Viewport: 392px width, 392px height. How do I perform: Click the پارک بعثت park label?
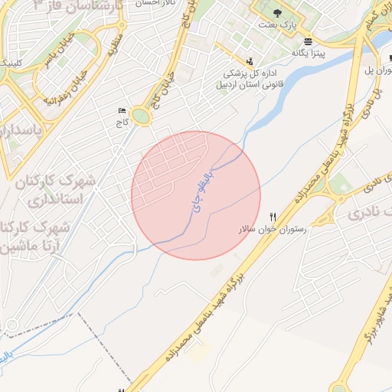[x=281, y=26]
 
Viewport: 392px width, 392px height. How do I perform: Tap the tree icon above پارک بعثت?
[x=276, y=15]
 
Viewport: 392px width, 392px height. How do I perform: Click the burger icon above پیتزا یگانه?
[x=308, y=41]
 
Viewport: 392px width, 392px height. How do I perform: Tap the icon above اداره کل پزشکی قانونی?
[x=249, y=61]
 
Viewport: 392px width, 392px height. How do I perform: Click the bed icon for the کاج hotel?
[x=121, y=112]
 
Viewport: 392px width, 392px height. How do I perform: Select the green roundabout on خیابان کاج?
[x=140, y=116]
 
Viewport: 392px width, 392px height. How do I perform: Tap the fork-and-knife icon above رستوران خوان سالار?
[x=273, y=217]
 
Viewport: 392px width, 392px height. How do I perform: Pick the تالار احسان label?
[x=155, y=3]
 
